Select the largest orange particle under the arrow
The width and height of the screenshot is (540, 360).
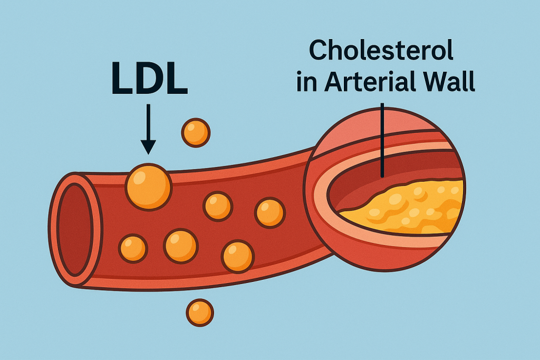tap(148, 186)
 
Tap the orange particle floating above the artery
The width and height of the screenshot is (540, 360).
tap(196, 132)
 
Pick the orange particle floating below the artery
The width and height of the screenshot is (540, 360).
tap(200, 313)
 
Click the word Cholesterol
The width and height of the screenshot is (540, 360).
tap(381, 52)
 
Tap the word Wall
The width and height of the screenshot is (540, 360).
tap(451, 83)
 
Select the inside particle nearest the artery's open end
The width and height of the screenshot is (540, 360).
tap(132, 248)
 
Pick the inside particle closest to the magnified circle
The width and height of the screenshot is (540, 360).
tap(270, 212)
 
